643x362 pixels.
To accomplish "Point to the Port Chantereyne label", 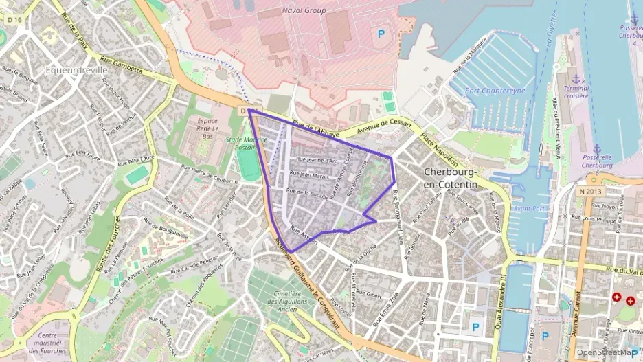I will pyautogui.click(x=490, y=90).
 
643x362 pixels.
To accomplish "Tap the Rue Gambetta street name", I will pyautogui.click(x=121, y=65).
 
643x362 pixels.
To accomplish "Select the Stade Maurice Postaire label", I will pyautogui.click(x=245, y=142).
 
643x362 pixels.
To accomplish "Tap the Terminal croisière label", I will pyautogui.click(x=576, y=92).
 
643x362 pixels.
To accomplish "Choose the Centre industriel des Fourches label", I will pyautogui.click(x=48, y=346).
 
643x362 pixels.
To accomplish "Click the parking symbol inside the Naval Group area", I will pyautogui.click(x=380, y=32).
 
